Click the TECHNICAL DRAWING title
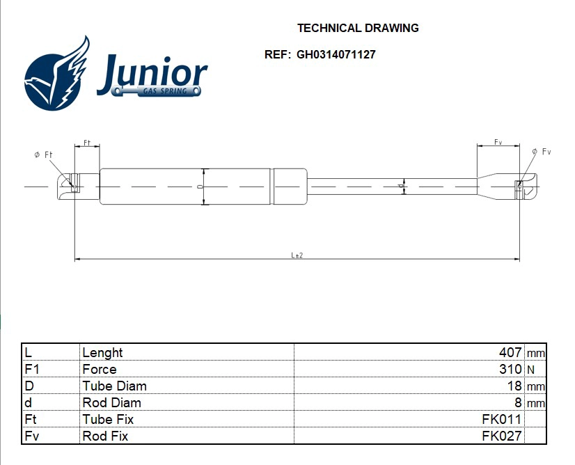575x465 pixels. (358, 29)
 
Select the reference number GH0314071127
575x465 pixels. (336, 54)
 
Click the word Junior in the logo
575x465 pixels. (152, 74)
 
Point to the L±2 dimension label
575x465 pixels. (297, 255)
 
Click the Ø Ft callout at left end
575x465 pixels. (43, 155)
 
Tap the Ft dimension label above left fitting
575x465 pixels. (87, 143)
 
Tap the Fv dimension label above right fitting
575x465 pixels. (498, 142)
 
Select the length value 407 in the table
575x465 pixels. (510, 353)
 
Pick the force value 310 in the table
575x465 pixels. (510, 370)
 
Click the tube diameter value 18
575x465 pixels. (514, 386)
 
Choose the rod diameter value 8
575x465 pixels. (518, 402)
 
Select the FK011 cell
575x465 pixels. (501, 419)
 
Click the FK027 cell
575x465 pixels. (501, 436)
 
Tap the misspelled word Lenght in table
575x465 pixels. (102, 353)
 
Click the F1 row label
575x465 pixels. (31, 370)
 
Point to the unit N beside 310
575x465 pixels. (530, 370)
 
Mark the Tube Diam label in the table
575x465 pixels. (114, 386)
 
